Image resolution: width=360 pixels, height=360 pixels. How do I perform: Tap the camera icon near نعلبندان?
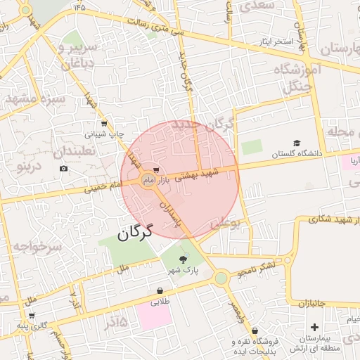point(64,168)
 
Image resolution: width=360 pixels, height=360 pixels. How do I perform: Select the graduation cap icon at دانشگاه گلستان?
point(297,143)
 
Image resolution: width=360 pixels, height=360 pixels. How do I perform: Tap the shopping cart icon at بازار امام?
point(155,170)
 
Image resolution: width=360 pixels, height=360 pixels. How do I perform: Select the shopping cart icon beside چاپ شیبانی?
point(104,124)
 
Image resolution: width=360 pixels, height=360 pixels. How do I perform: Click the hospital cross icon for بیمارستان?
point(314,327)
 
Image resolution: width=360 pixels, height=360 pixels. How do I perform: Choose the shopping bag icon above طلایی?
point(160,290)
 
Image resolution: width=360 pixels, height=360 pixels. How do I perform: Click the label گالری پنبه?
point(32,325)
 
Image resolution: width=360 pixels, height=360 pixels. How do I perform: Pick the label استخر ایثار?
point(274,41)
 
